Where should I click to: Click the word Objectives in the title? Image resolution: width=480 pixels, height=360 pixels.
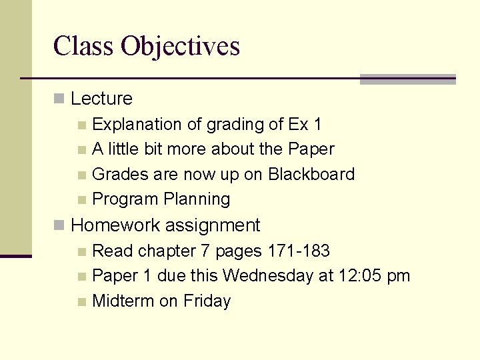pyautogui.click(x=180, y=47)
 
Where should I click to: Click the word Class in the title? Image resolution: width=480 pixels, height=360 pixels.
pyautogui.click(x=83, y=46)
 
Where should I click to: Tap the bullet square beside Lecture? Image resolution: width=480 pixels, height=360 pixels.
pyautogui.click(x=59, y=99)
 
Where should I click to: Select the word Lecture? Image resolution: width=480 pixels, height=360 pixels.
pyautogui.click(x=101, y=99)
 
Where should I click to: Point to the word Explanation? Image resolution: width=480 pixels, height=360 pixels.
pyautogui.click(x=137, y=125)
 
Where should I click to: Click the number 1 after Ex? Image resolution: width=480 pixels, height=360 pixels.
pyautogui.click(x=317, y=125)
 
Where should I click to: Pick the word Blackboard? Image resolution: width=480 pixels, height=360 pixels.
pyautogui.click(x=311, y=175)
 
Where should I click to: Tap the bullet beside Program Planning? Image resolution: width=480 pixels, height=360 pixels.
pyautogui.click(x=81, y=200)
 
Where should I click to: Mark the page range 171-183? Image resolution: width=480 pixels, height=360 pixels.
pyautogui.click(x=299, y=251)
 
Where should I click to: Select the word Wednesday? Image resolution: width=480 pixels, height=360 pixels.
pyautogui.click(x=265, y=276)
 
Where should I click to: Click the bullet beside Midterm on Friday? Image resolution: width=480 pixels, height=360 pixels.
pyautogui.click(x=81, y=302)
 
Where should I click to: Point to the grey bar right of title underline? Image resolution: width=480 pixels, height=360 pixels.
pyautogui.click(x=407, y=79)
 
